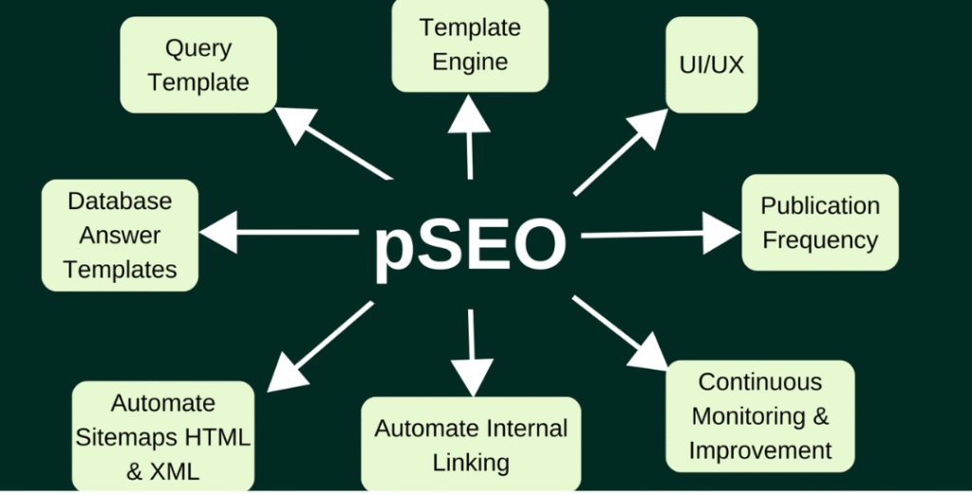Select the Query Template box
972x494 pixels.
[x=198, y=65]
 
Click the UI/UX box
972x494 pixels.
[x=712, y=65]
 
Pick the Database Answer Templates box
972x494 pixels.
[x=121, y=235]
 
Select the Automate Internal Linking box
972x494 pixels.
[x=471, y=445]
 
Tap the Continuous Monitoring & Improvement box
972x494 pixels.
[x=760, y=415]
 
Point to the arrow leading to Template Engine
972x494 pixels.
[x=469, y=138]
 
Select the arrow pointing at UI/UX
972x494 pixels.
[x=622, y=151]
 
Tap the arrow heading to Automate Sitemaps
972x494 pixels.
[x=318, y=347]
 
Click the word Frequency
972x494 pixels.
[x=820, y=240]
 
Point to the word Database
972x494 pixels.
[x=121, y=200]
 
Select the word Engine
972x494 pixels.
[x=470, y=63]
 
